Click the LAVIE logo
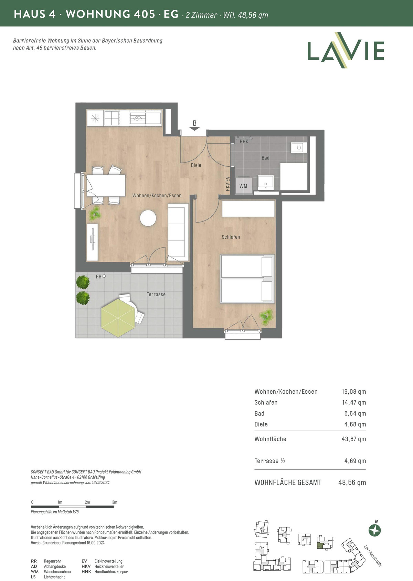click(346, 50)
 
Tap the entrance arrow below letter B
click(194, 129)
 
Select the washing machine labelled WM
click(243, 185)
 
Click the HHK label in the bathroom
click(244, 142)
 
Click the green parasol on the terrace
click(118, 318)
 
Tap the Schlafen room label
click(231, 237)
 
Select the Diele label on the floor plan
click(196, 165)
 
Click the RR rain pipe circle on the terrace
click(104, 276)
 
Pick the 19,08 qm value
click(353, 392)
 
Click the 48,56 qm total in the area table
click(352, 483)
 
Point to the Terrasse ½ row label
click(269, 461)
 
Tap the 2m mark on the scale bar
click(87, 502)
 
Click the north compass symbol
click(375, 530)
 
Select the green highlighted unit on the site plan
click(320, 546)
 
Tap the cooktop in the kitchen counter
click(112, 118)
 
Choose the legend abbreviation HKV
click(86, 567)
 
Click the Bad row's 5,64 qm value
click(355, 413)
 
